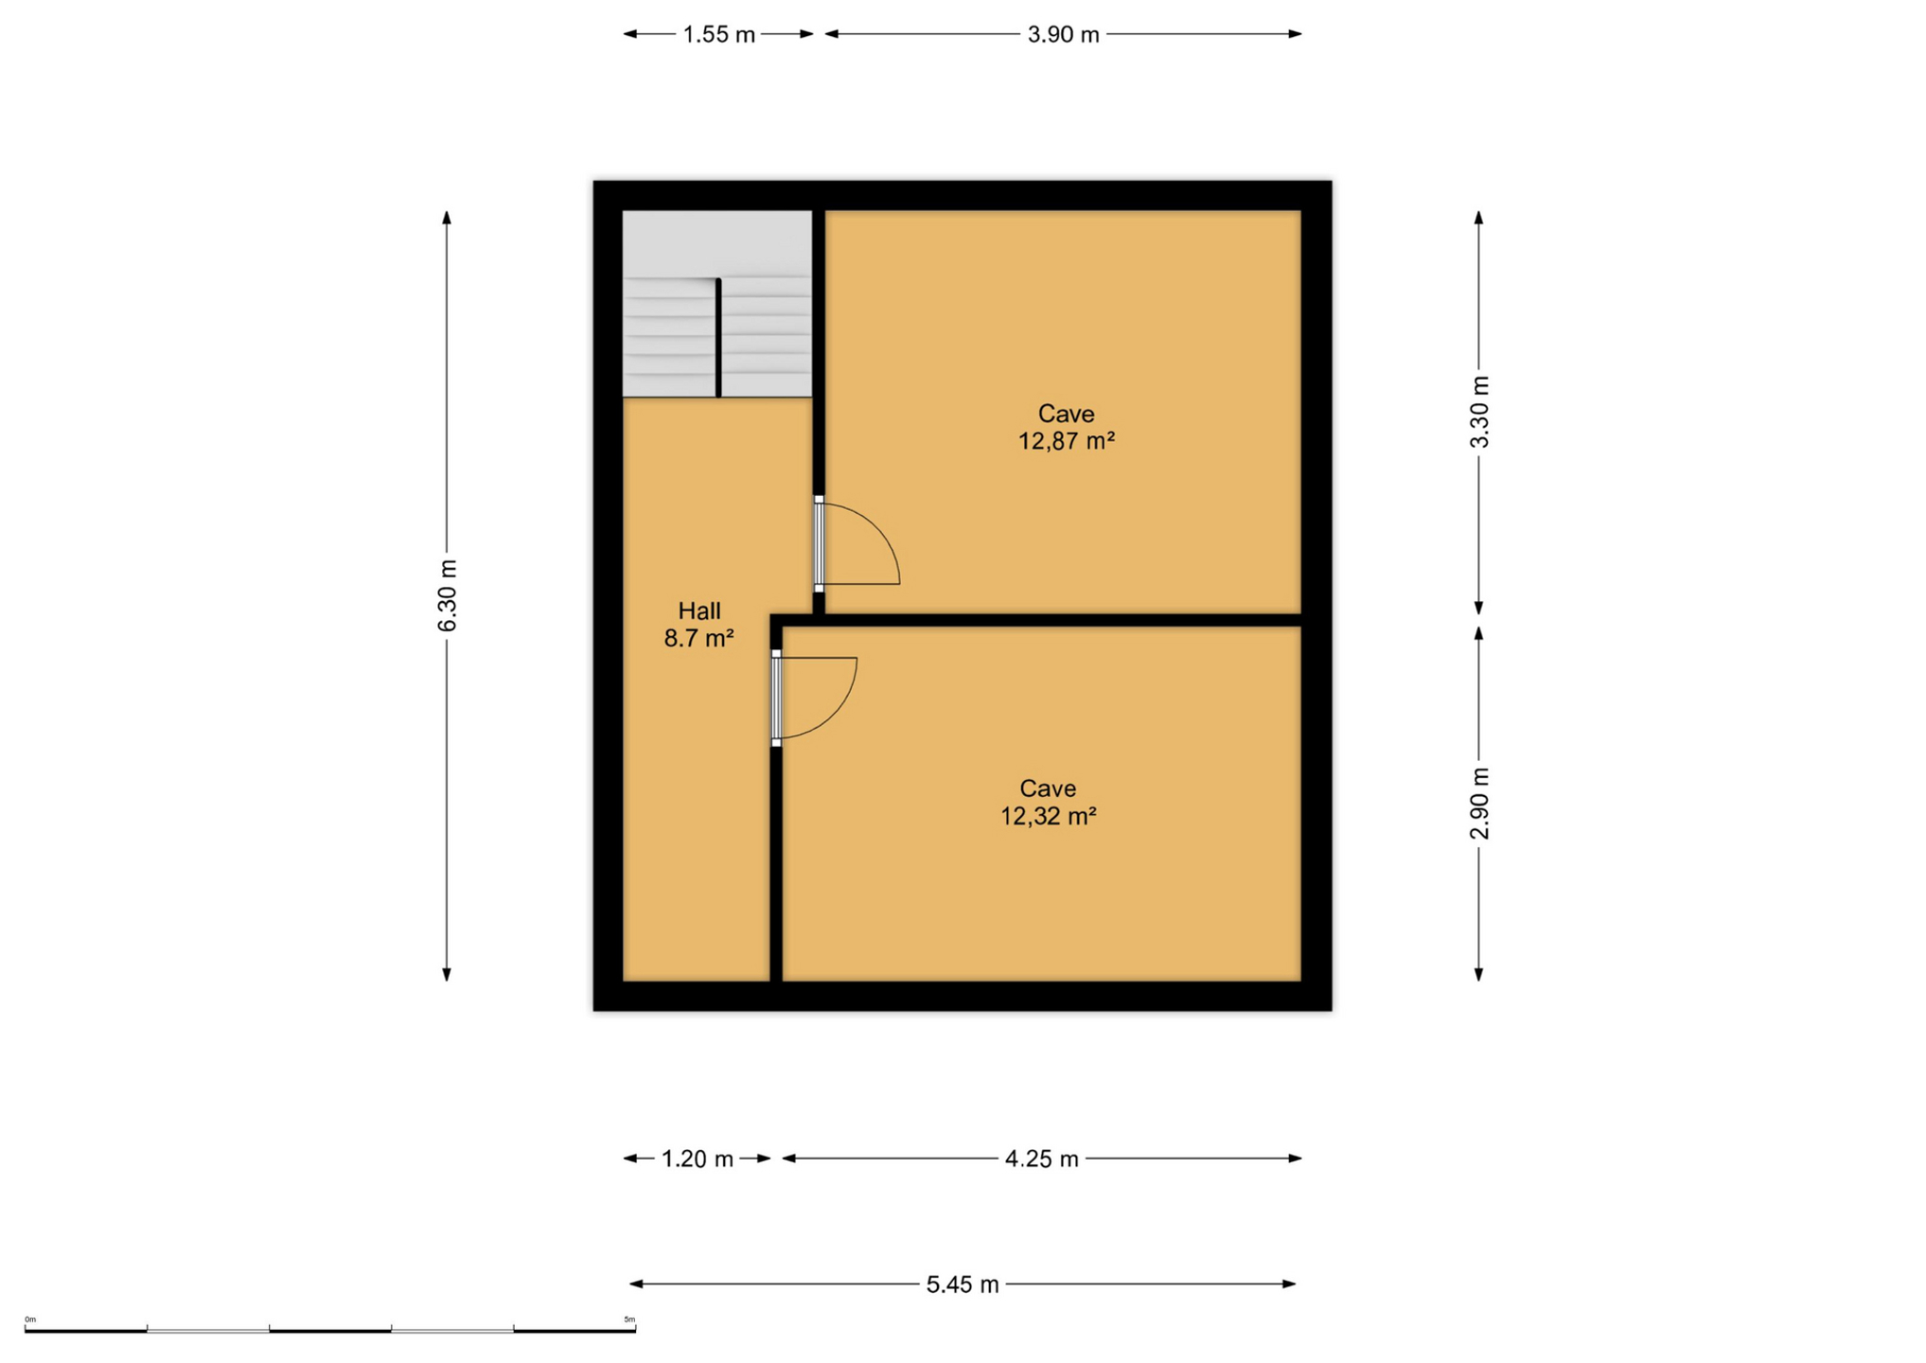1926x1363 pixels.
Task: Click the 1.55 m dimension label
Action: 719,35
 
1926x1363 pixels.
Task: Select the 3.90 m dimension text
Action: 1064,35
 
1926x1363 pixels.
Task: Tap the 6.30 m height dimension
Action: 447,596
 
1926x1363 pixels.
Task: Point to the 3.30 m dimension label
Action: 1479,413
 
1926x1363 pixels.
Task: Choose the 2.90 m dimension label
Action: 1479,804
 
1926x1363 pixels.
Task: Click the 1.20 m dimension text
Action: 698,1159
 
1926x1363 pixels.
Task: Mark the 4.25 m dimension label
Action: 1042,1159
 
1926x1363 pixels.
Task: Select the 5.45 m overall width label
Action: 963,1285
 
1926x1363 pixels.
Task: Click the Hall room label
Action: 699,611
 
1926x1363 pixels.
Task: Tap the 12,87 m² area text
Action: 1067,441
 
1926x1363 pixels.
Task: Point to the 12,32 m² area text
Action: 1049,816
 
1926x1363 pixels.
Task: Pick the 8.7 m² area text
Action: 699,639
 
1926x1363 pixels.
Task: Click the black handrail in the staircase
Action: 718,337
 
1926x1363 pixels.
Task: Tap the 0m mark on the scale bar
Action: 30,1319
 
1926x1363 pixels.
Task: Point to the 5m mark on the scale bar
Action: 629,1319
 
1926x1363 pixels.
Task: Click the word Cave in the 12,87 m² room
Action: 1067,414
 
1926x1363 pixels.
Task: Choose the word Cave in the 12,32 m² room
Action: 1049,788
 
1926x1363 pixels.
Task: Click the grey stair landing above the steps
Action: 716,242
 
